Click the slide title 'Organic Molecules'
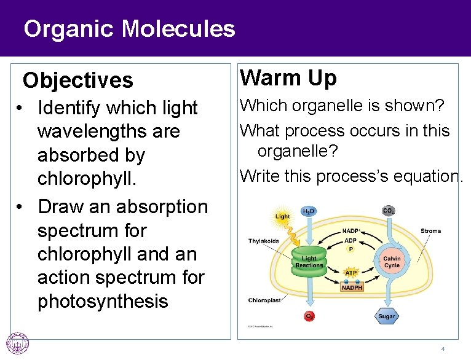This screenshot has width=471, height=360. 129,28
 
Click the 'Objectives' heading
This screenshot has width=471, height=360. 77,80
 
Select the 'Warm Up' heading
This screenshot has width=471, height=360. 288,78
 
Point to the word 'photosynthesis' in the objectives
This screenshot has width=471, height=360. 103,302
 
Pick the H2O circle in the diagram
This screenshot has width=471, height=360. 309,211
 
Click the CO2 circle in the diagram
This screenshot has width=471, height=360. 389,211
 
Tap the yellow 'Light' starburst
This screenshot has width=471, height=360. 282,216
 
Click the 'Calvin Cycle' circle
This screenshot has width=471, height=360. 392,262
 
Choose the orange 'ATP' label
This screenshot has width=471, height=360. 351,272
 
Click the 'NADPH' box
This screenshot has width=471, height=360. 351,287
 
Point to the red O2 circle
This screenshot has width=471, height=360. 309,316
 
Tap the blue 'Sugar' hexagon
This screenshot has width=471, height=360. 386,316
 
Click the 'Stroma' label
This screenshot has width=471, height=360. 430,231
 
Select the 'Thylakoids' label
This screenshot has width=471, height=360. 264,240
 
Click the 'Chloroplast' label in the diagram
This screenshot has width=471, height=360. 265,300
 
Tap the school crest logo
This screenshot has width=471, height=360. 17,343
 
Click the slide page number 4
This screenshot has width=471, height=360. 442,349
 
